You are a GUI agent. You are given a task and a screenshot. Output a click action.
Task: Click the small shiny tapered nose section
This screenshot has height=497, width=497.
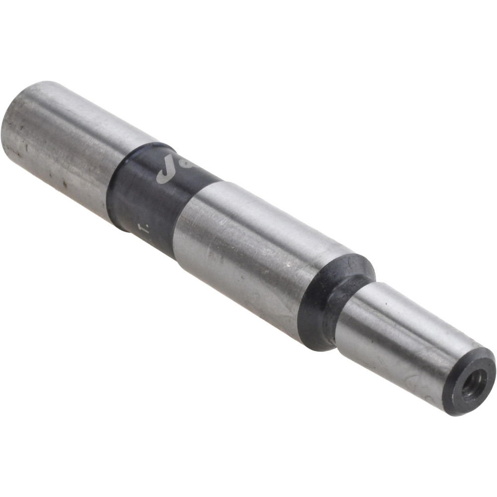tap(398, 338)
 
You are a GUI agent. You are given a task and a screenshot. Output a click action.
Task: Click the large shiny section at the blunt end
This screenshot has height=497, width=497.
tap(65, 144)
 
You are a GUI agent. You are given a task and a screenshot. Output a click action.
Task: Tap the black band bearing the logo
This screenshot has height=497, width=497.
tap(149, 199)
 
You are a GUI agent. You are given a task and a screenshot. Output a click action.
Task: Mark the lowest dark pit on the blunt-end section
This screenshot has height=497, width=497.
tap(65, 184)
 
